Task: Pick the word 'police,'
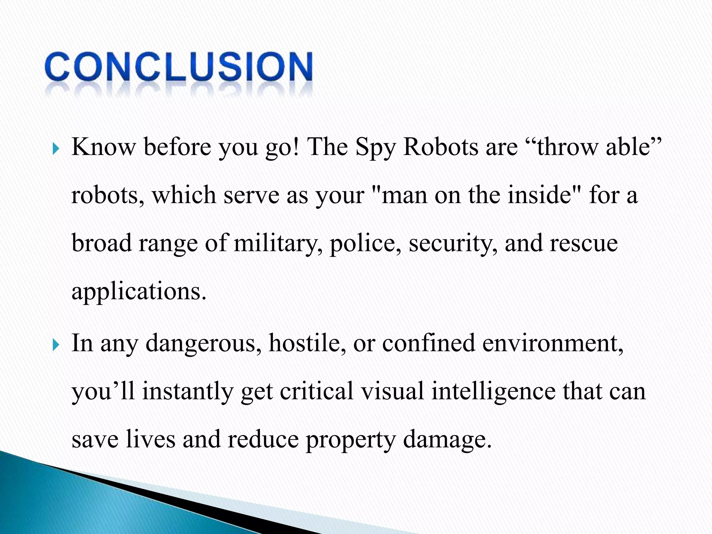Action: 365,243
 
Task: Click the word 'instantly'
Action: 188,392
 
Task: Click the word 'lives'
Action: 150,439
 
